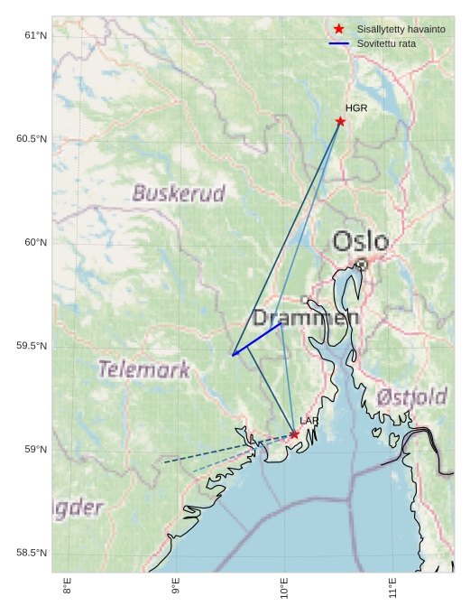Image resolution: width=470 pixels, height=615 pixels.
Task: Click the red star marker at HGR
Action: tap(340, 121)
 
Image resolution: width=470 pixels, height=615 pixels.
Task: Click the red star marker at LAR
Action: tap(294, 434)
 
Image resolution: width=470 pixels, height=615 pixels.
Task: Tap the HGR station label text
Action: tap(356, 108)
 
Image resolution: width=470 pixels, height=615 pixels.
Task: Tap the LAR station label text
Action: tap(309, 421)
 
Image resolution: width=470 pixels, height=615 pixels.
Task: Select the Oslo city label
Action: tap(361, 241)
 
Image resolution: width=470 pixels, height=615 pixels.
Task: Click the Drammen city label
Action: tap(305, 318)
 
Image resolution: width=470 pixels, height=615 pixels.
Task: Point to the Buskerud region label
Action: tap(179, 193)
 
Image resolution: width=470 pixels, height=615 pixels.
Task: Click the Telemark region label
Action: tap(144, 369)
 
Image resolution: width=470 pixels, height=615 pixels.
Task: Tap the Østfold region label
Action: tap(411, 396)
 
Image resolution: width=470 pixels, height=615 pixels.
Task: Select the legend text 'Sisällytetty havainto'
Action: tap(401, 30)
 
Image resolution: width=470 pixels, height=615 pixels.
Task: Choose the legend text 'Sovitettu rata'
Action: tap(386, 43)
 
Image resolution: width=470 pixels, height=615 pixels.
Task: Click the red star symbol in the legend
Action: tap(339, 29)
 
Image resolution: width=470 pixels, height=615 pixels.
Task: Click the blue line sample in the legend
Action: tap(339, 43)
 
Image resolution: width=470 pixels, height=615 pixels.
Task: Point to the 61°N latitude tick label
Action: tap(35, 35)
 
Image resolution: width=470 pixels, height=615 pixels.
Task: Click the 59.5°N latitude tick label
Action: tap(32, 347)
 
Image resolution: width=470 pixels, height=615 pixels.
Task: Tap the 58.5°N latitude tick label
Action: tap(32, 554)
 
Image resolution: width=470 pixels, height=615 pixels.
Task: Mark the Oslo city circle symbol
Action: tap(362, 265)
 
